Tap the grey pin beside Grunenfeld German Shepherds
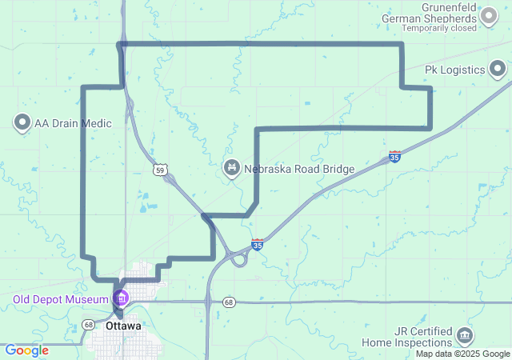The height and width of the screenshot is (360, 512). coord(488,16)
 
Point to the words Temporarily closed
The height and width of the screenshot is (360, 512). coord(439,28)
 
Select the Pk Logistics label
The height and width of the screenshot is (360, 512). coord(454,70)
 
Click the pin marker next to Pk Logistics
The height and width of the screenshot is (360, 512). coord(498,70)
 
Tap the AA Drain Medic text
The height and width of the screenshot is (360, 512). coord(73,123)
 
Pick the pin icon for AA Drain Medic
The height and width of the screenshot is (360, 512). coord(22,123)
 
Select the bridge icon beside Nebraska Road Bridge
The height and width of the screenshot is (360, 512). coord(230,167)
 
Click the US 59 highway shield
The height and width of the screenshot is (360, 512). coord(161,170)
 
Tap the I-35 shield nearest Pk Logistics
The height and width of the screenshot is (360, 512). coord(395,157)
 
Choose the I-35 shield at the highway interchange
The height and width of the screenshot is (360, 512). coord(257,245)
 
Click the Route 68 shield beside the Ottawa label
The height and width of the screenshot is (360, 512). coord(88,325)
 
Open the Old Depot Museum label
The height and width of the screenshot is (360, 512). coord(60,300)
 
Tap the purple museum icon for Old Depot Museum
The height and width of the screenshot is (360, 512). coord(122,299)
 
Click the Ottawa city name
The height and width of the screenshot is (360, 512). coord(123,326)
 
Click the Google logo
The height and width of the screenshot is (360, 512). coord(26,350)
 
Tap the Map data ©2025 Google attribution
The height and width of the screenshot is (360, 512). coord(462,354)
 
